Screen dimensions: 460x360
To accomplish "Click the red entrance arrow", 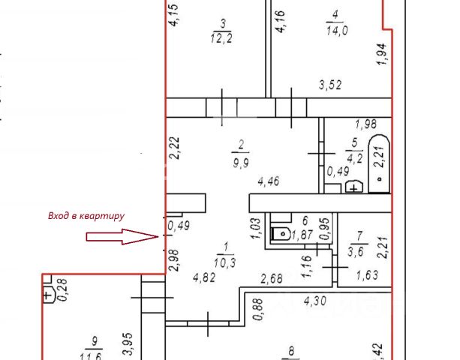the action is pyautogui.click(x=121, y=237).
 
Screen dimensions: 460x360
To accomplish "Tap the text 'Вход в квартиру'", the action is pyautogui.click(x=86, y=216).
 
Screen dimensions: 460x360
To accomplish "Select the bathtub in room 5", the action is pyautogui.click(x=380, y=164).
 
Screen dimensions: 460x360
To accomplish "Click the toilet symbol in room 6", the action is pyautogui.click(x=281, y=233).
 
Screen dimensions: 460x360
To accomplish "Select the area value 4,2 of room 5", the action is pyautogui.click(x=354, y=157).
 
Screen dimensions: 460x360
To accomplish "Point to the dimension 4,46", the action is pyautogui.click(x=269, y=181).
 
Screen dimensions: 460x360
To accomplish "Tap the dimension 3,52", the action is pyautogui.click(x=329, y=85).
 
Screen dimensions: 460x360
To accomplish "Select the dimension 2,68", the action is pyautogui.click(x=272, y=280).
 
